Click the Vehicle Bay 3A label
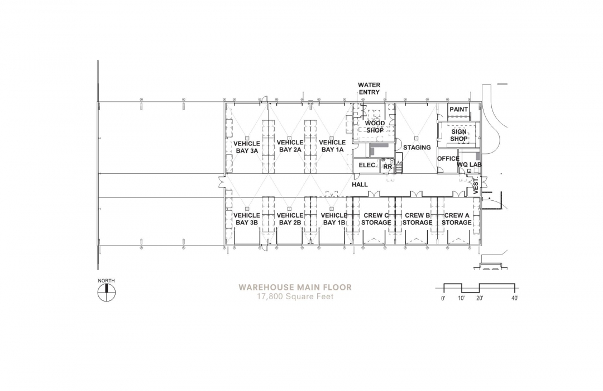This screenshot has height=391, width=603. point(247,147)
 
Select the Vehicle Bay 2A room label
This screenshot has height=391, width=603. point(290,146)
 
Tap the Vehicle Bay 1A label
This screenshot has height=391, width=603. point(332,146)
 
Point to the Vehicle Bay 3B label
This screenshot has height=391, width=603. point(247,219)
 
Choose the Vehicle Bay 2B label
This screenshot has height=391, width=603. point(290,219)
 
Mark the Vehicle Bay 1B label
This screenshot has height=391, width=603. point(334,219)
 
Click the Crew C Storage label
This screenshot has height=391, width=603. point(376,219)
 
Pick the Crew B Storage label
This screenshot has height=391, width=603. point(417,219)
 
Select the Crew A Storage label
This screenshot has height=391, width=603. point(457,219)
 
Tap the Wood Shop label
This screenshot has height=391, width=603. point(375,127)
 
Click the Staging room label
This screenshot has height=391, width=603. point(417,148)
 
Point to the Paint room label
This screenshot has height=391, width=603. point(459,110)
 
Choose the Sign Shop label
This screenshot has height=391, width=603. point(459,135)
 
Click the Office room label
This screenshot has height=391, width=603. point(448,159)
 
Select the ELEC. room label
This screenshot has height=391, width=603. point(367,165)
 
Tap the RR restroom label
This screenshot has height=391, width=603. point(387,167)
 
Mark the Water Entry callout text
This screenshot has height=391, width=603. point(369,88)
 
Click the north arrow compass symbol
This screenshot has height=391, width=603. point(106,293)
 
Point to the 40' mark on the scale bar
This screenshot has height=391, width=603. point(515,298)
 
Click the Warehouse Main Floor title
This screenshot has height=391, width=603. point(295,288)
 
